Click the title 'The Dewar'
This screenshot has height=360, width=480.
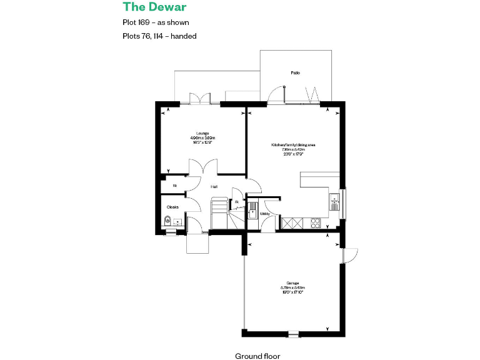point(154,7)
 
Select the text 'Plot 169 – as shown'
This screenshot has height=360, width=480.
point(156,22)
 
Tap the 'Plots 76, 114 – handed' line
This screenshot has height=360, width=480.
point(160,36)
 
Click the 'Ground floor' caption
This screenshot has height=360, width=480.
point(257,356)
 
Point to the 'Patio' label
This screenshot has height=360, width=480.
point(295,73)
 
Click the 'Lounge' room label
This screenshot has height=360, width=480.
point(202,133)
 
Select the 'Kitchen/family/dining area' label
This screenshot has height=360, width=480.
point(293,144)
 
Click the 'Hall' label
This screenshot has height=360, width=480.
point(214,186)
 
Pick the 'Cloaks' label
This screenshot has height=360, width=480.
point(172,206)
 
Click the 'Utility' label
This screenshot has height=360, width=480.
point(264,214)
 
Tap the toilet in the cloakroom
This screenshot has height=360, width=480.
point(167,221)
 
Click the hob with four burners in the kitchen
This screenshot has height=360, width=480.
point(314,222)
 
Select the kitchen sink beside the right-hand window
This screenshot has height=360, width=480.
point(334,201)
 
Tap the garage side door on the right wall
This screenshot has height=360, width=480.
point(349,256)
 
